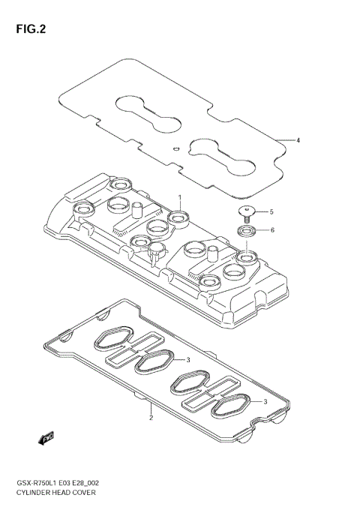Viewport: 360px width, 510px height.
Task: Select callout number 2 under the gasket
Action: (151, 418)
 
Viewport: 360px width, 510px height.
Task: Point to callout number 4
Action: (298, 140)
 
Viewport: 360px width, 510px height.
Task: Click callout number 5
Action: (271, 211)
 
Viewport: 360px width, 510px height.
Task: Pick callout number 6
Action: (271, 229)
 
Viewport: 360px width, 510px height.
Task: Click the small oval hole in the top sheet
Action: (175, 148)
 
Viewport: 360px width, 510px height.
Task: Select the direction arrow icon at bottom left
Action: (46, 436)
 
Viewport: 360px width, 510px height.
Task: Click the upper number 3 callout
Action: (187, 359)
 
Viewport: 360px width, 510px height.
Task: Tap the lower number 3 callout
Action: (265, 402)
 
